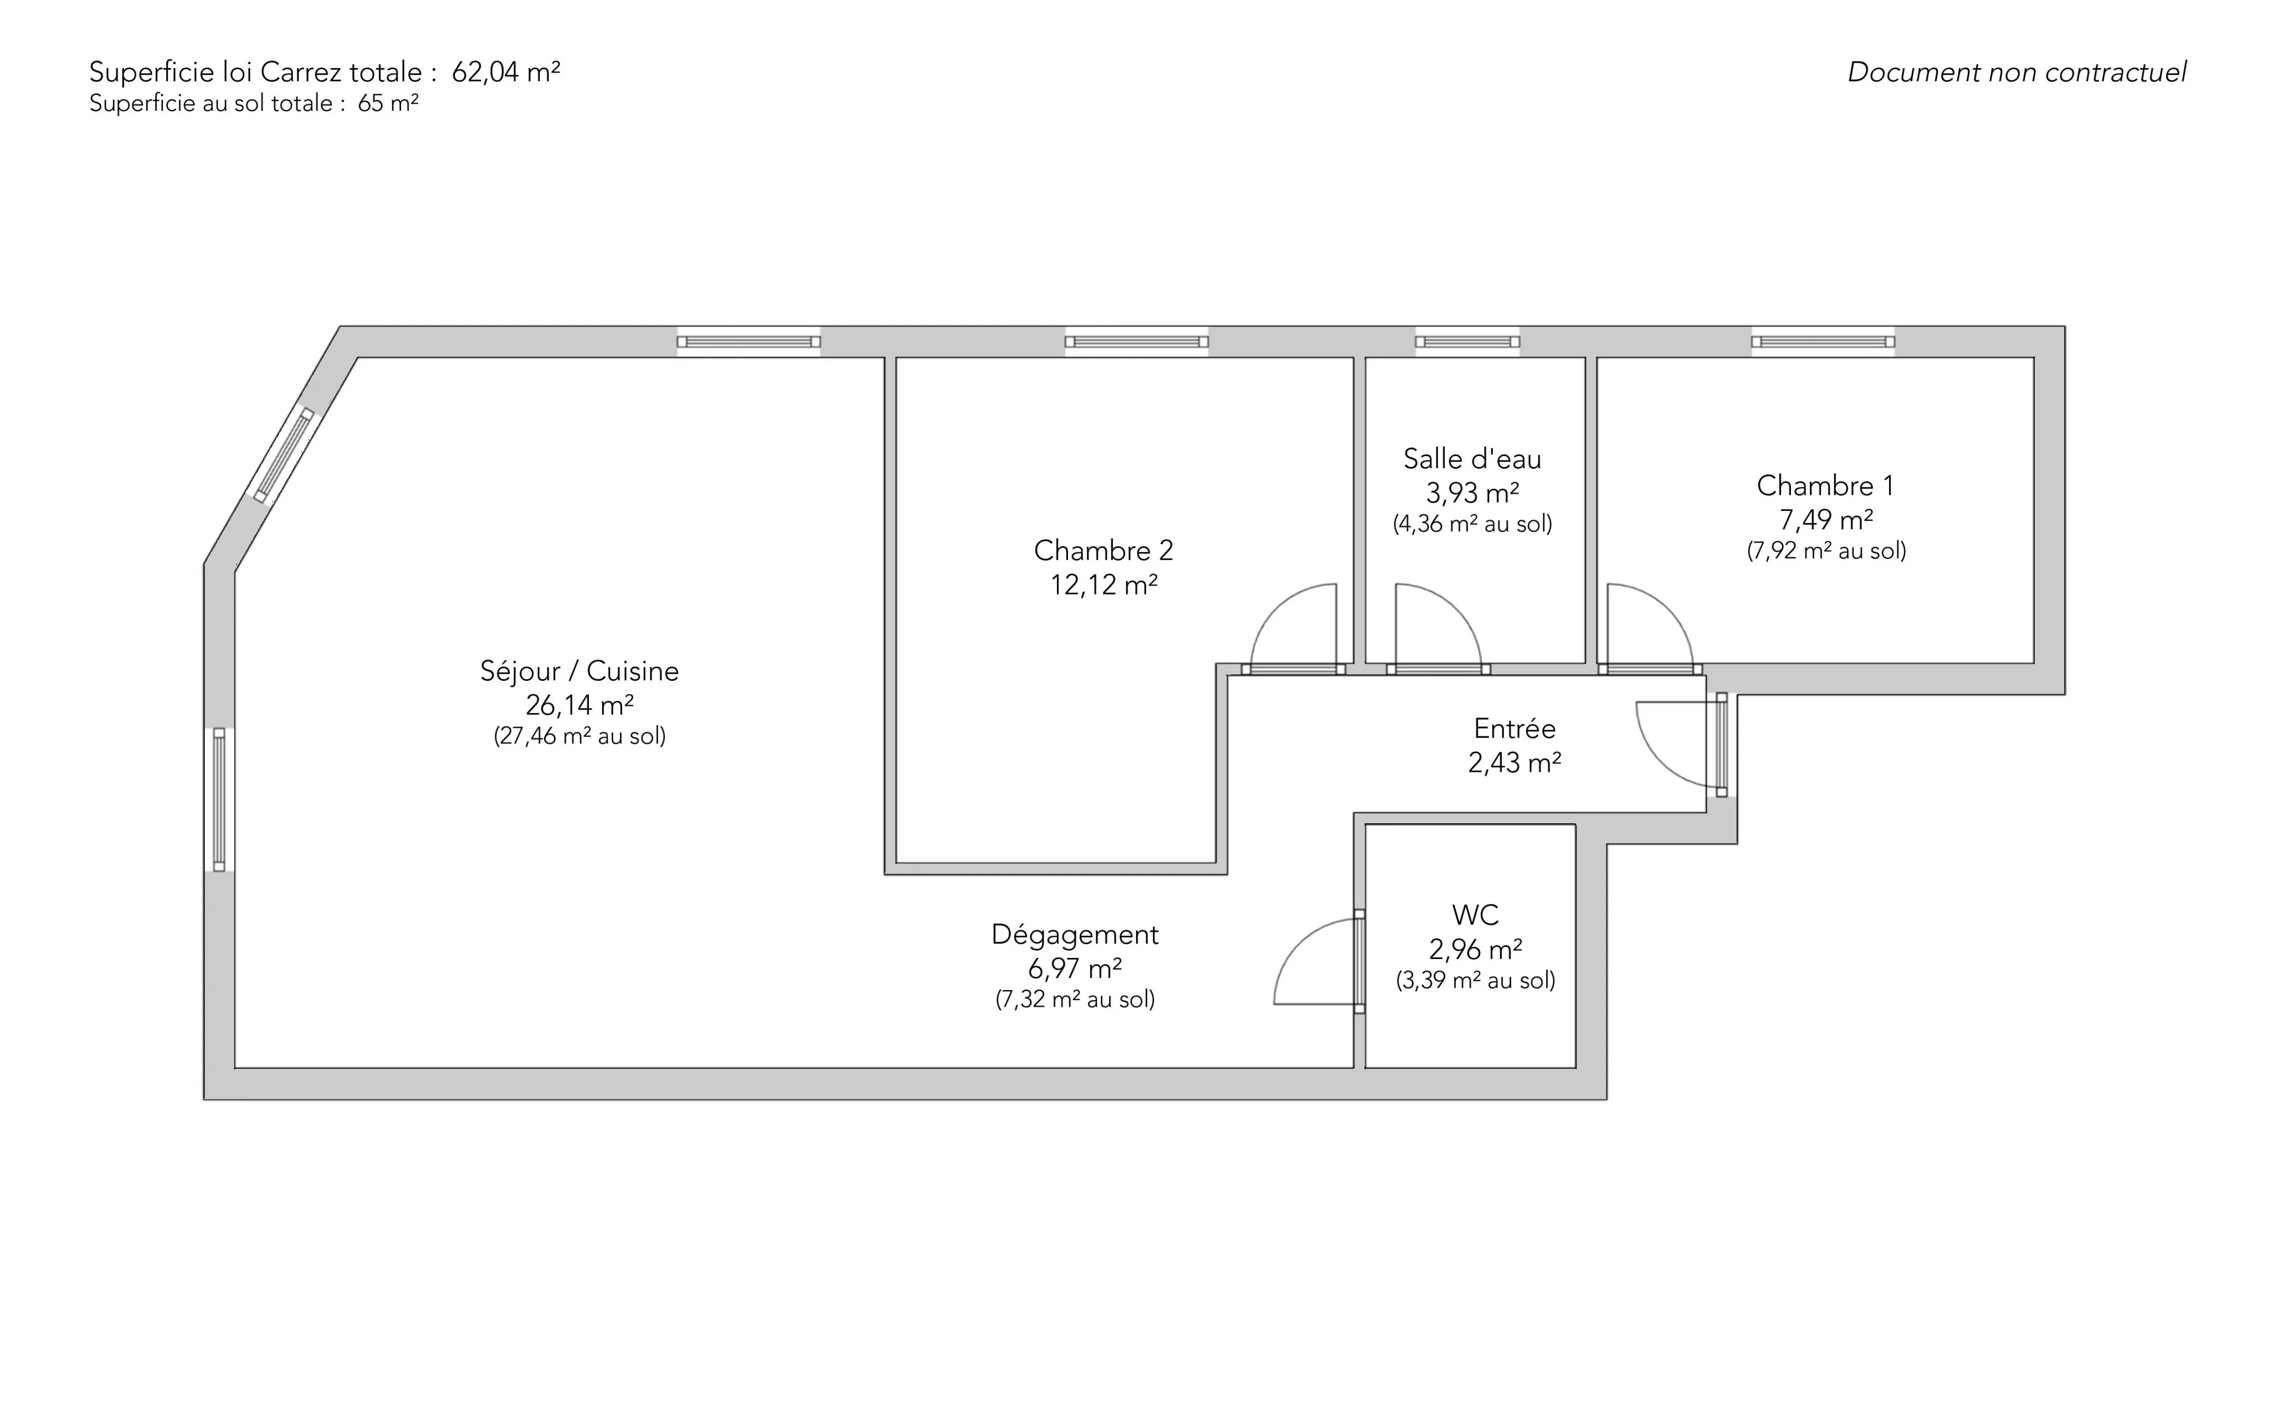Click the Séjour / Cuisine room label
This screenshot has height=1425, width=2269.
pos(579,671)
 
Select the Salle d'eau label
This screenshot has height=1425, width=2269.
pos(1472,459)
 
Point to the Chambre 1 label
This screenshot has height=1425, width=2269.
pos(1825,485)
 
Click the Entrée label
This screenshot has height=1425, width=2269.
pos(1515,729)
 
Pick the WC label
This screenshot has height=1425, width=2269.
pos(1475,914)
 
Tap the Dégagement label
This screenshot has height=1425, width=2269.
pos(1075,935)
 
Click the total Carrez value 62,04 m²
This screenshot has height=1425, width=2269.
pos(506,71)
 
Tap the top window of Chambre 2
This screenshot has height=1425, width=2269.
pos(1136,341)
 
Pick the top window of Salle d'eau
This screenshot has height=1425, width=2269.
pos(1467,341)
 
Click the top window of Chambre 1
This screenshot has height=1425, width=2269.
pos(1823,341)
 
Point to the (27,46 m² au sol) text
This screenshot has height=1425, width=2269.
pos(579,736)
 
